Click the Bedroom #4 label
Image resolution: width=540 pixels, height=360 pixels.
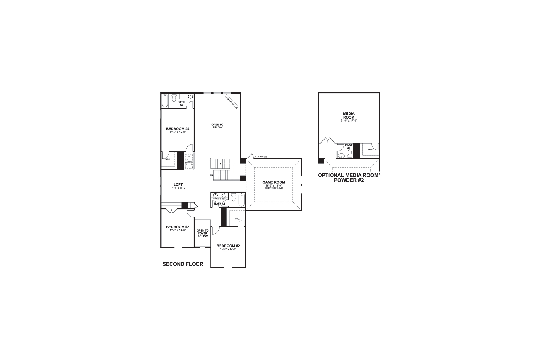(178, 129)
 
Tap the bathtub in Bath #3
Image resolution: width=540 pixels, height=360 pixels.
(165, 101)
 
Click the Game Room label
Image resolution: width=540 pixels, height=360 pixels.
(274, 182)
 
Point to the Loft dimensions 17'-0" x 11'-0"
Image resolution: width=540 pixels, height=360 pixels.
(178, 188)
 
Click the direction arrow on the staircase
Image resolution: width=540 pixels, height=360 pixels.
(220, 164)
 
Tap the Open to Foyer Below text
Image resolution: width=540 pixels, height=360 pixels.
(202, 233)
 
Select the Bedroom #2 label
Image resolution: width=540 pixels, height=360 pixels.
(228, 246)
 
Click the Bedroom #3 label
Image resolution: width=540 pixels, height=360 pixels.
(178, 227)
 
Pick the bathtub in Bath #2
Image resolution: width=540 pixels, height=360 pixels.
(242, 200)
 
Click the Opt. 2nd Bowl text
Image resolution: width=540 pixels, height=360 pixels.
(220, 199)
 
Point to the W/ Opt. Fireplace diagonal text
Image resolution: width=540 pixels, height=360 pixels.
(231, 102)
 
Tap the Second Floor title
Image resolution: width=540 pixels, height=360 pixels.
(183, 264)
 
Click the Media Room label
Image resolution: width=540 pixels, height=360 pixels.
(349, 115)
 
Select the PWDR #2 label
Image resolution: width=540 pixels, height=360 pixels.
(349, 147)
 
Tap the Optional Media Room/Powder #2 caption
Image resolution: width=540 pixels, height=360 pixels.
(349, 178)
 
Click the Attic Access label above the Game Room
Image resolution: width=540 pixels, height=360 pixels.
(260, 157)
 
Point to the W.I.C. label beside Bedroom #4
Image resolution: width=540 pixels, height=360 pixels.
(167, 159)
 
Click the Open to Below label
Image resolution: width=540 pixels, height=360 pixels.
(217, 126)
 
